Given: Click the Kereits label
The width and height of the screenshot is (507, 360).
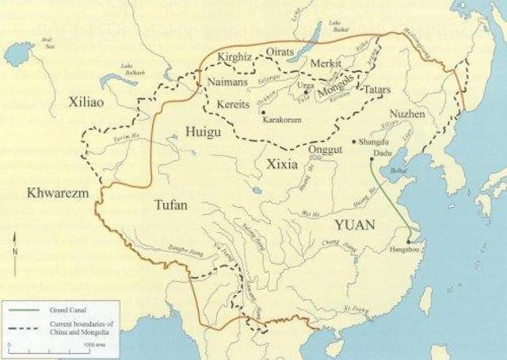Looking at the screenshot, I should [233, 104].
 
